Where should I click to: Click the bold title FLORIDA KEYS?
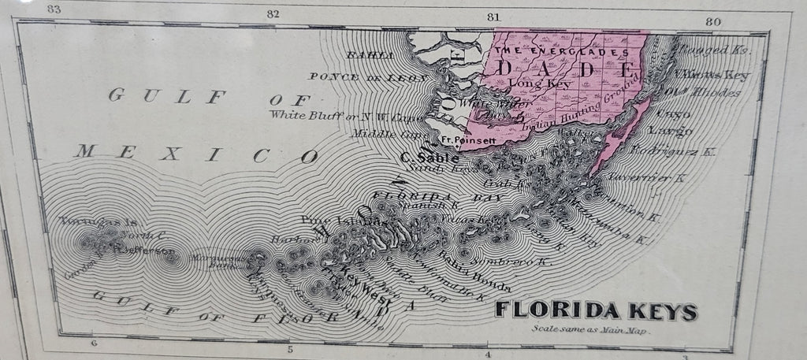click(x=596, y=311)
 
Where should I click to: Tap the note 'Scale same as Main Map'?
click(x=588, y=331)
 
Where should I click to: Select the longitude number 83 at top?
click(x=54, y=10)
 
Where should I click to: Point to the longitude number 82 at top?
click(x=273, y=13)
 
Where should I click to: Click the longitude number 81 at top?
click(x=495, y=16)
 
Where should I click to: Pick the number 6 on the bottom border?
click(x=93, y=343)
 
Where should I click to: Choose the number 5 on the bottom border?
click(x=290, y=349)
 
